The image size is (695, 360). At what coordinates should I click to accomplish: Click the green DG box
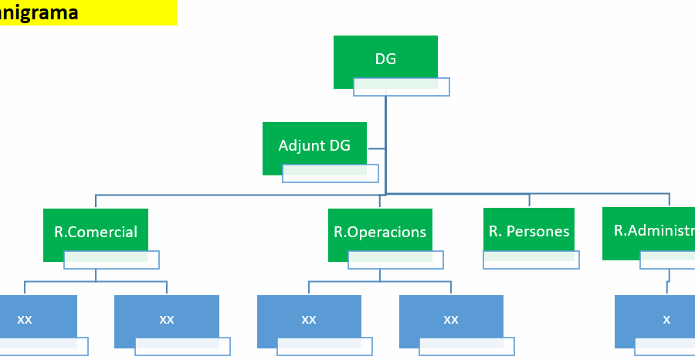[385, 59]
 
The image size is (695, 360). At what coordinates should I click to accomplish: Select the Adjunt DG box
[314, 144]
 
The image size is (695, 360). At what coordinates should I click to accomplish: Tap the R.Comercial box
[95, 231]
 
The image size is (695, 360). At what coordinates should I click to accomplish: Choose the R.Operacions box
[379, 231]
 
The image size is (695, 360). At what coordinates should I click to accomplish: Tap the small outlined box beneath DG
[402, 87]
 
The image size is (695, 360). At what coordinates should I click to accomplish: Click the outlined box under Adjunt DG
[331, 174]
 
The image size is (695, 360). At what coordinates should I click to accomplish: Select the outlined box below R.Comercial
[111, 260]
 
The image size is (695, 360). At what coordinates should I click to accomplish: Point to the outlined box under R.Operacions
[395, 260]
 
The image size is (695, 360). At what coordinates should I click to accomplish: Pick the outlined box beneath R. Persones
[531, 260]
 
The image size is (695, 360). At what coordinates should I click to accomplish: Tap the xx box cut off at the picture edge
[35, 318]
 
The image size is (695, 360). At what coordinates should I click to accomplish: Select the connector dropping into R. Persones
[529, 200]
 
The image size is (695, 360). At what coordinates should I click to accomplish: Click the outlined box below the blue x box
[666, 346]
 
